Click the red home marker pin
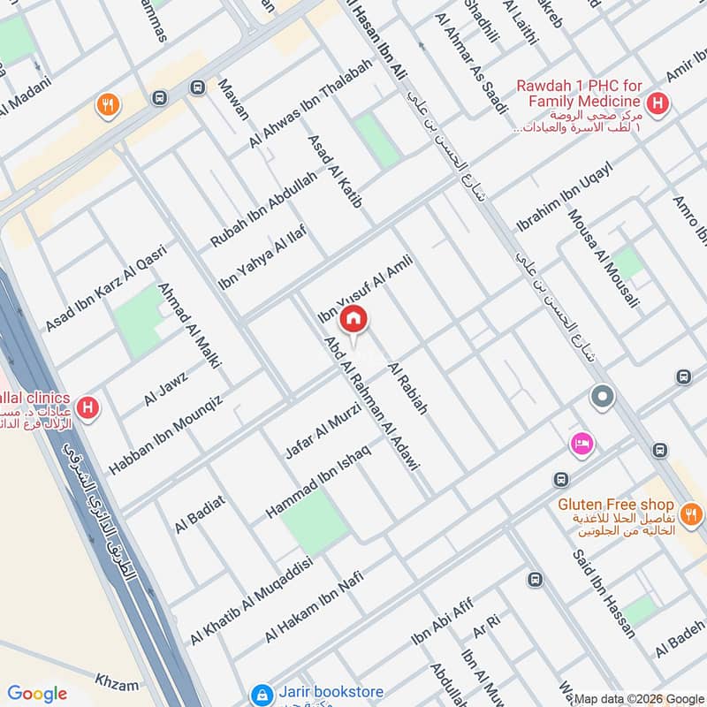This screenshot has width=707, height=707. (x=353, y=319)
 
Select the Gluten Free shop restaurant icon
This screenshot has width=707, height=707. (x=690, y=513)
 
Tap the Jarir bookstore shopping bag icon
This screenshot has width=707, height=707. (x=260, y=695)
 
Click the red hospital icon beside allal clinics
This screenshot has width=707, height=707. (x=87, y=407)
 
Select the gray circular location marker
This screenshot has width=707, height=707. (x=603, y=397)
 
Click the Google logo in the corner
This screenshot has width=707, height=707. (x=37, y=694)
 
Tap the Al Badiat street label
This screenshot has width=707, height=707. (x=200, y=514)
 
